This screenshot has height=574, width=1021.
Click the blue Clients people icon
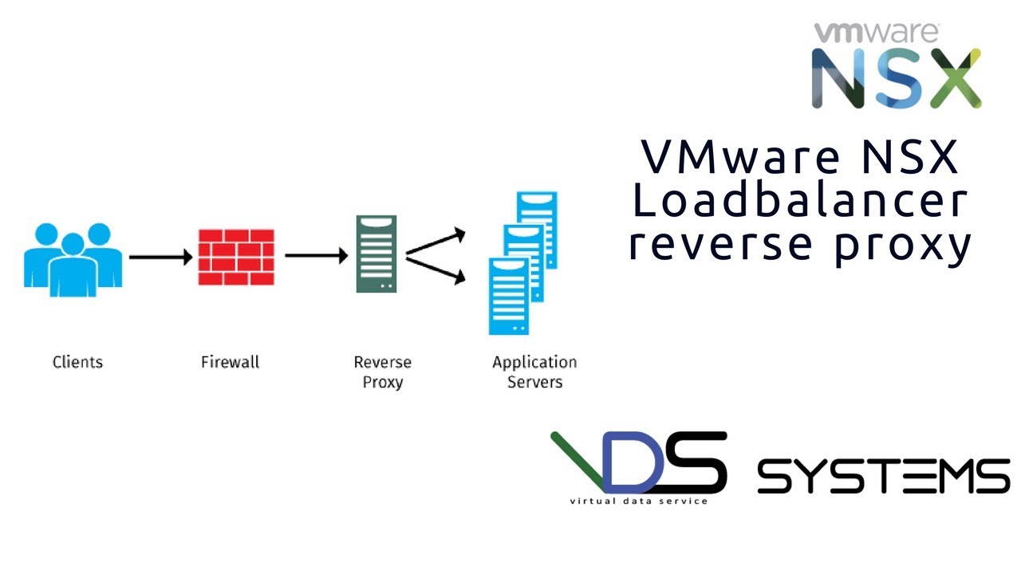click(x=73, y=259)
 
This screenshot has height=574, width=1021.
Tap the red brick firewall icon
click(x=236, y=257)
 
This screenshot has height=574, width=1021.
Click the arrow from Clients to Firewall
click(x=160, y=257)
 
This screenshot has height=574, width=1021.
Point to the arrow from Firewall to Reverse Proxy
click(x=316, y=256)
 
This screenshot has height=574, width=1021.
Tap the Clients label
click(x=77, y=362)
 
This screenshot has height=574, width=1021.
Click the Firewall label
click(x=230, y=362)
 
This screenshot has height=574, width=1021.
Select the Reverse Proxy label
click(x=383, y=372)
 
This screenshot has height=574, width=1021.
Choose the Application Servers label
click(x=534, y=372)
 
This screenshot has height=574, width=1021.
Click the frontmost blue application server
click(x=509, y=296)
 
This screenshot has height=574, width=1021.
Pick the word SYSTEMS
click(x=883, y=476)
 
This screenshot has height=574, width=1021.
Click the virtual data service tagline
click(x=638, y=501)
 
